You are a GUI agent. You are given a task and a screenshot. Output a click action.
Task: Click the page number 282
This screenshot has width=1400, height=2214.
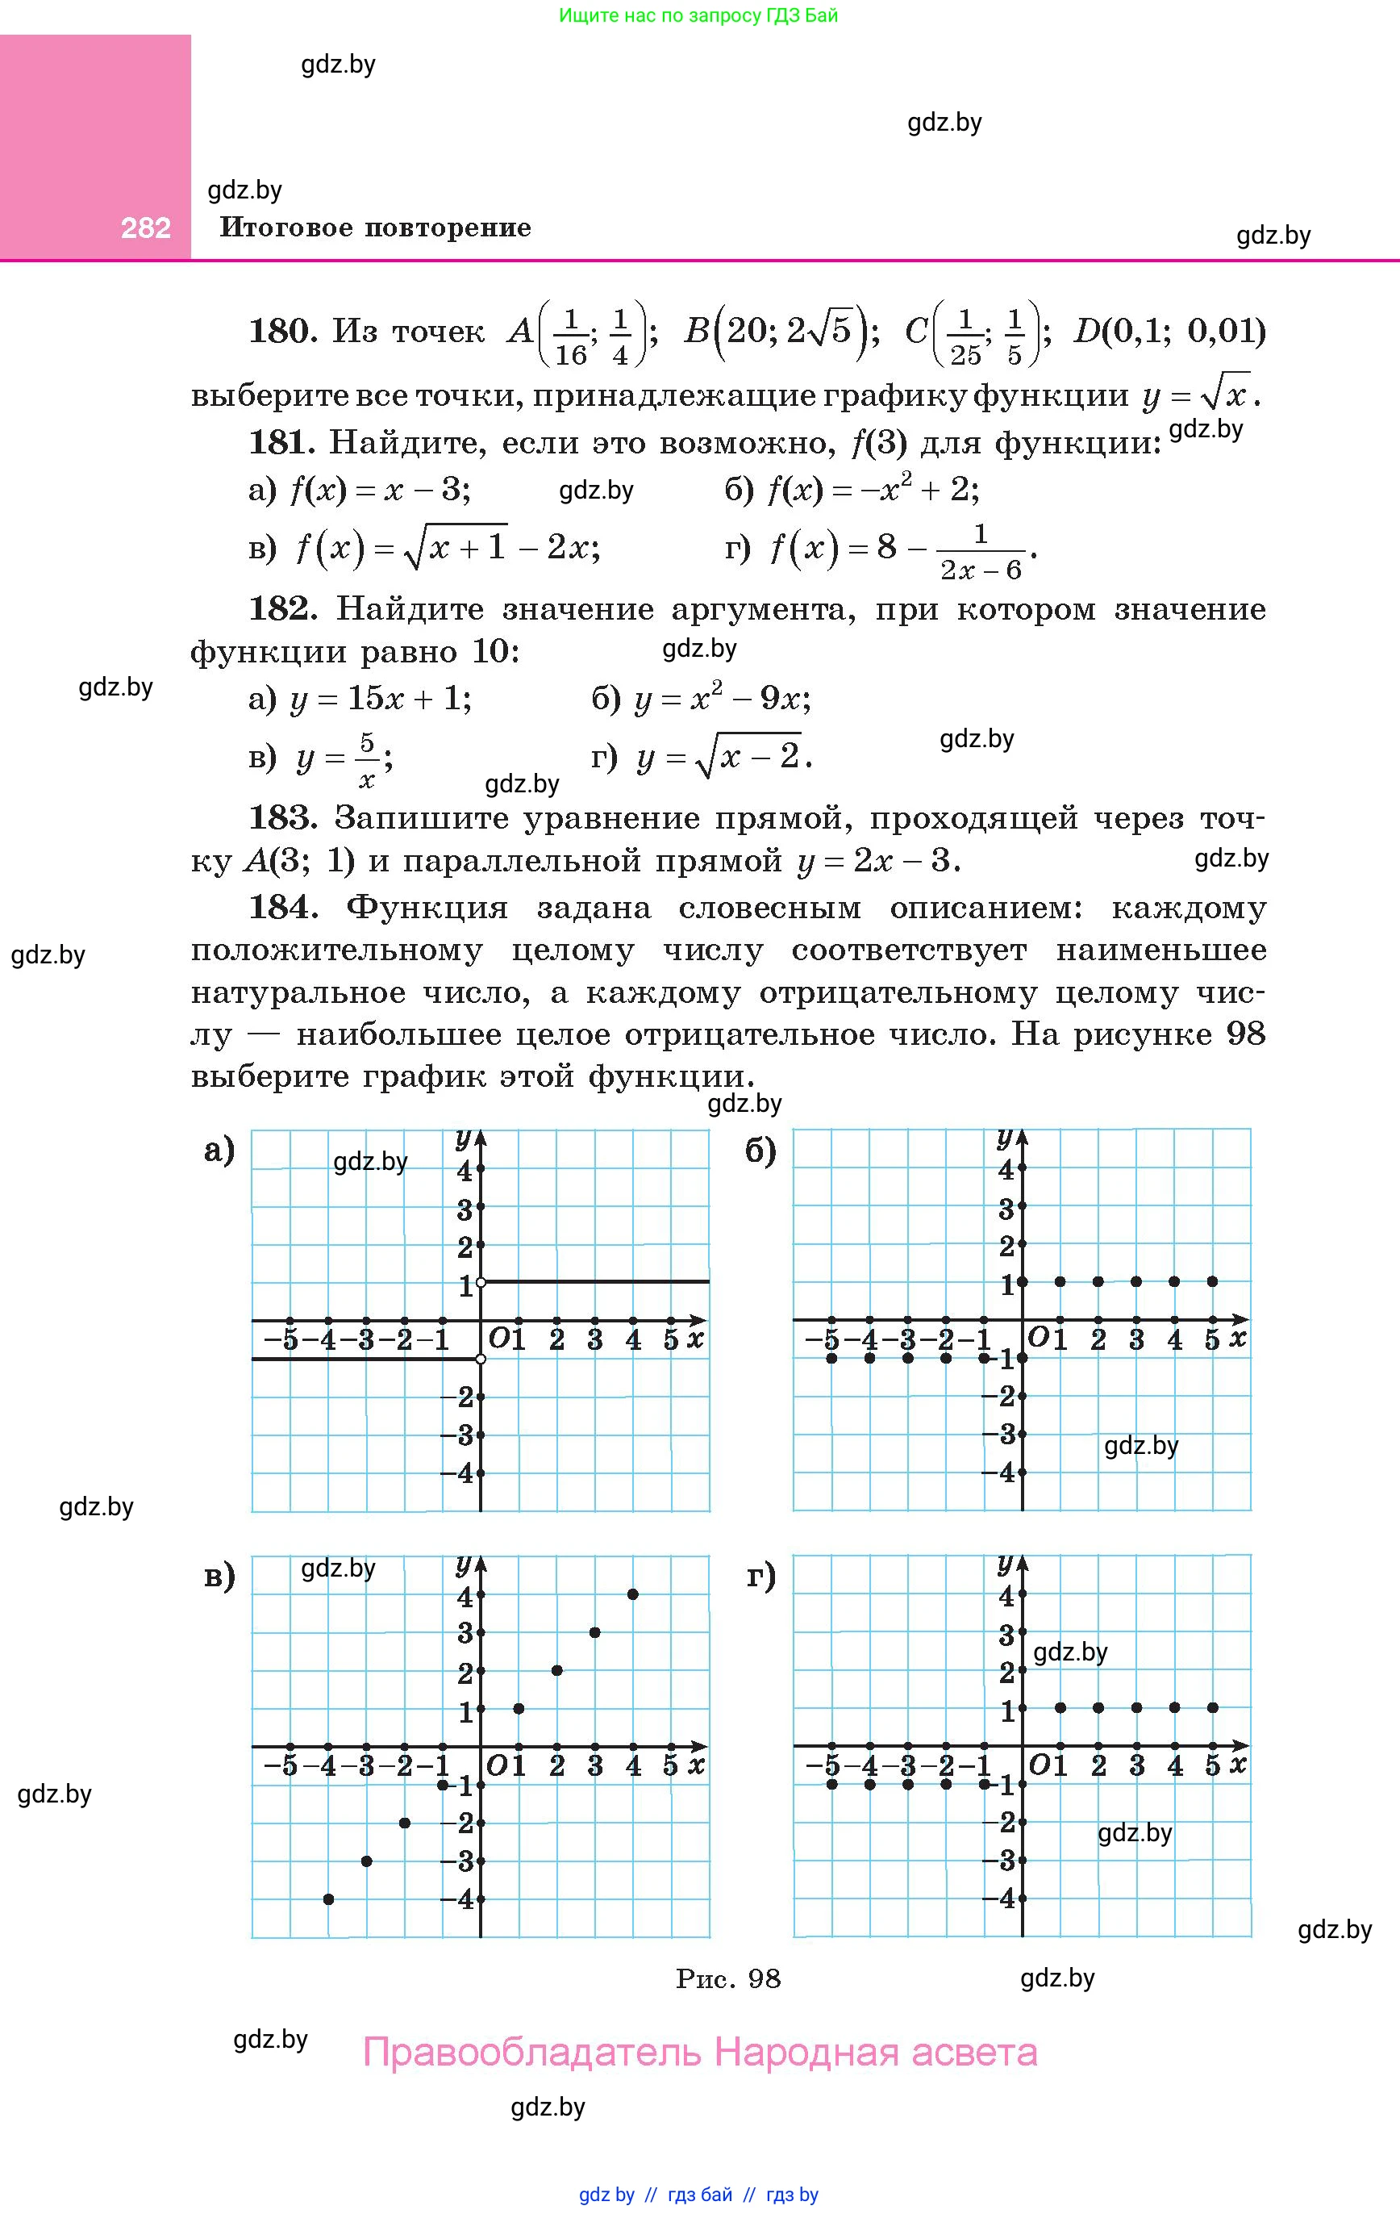tap(146, 228)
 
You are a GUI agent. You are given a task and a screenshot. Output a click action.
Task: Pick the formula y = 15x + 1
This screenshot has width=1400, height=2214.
tap(381, 700)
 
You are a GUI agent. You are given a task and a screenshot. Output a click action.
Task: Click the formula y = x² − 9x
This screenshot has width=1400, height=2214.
tap(722, 700)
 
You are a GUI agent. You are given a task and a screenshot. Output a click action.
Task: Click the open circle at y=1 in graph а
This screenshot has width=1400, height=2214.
tap(481, 1282)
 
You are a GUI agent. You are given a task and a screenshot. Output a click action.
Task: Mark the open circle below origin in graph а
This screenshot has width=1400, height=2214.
tap(481, 1358)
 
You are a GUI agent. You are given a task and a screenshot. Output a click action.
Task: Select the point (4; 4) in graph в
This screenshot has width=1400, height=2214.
tap(633, 1594)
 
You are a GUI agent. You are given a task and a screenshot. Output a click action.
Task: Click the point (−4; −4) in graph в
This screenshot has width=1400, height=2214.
tap(328, 1899)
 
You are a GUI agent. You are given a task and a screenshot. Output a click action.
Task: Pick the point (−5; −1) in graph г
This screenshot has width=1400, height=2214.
tap(832, 1785)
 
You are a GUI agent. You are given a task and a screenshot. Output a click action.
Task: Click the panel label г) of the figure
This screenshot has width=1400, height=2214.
tap(761, 1576)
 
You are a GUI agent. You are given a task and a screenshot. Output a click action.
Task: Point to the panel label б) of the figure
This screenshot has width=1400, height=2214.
tap(761, 1151)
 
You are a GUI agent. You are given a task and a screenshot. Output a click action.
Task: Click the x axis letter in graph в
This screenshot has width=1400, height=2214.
tap(697, 1764)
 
